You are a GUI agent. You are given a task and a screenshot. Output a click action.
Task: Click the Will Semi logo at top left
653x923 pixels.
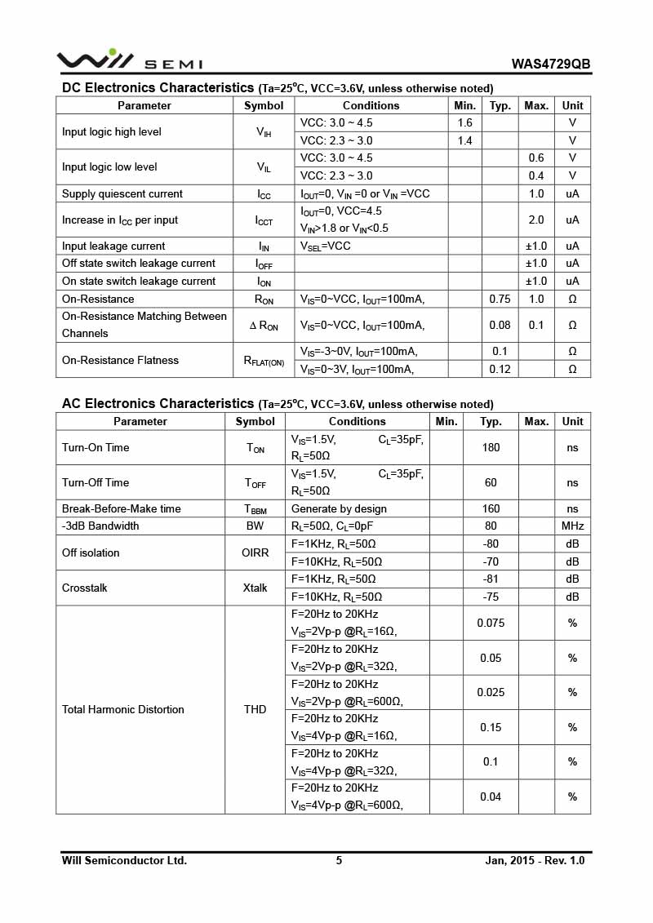(x=129, y=60)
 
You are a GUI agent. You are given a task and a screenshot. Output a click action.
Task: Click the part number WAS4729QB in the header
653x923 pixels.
(x=551, y=64)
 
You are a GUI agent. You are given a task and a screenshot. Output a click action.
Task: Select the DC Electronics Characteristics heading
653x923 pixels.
(x=158, y=87)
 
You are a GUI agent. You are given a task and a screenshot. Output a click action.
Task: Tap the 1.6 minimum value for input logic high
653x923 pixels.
(x=464, y=123)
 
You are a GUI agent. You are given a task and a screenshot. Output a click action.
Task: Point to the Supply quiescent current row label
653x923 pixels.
(x=122, y=193)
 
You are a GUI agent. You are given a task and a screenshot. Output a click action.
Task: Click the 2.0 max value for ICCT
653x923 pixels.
(x=535, y=220)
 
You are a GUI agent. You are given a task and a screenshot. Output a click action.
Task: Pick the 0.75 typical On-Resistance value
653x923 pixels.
(x=500, y=299)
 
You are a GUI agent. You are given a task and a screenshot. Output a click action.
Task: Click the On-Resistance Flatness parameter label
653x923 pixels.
(x=120, y=360)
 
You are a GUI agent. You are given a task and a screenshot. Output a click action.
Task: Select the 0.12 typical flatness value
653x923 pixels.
(x=500, y=369)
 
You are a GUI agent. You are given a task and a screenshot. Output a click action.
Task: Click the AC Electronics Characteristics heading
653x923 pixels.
(x=158, y=403)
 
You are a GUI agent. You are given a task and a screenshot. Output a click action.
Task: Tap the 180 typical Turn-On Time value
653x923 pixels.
(x=491, y=447)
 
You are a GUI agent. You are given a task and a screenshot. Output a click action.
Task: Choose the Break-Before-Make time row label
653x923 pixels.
(x=122, y=508)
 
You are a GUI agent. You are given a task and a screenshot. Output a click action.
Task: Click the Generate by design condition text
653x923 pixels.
(x=339, y=508)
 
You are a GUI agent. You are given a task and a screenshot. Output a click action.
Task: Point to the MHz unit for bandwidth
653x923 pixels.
(x=572, y=526)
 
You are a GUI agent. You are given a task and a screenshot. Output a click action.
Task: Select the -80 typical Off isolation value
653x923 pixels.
(x=491, y=544)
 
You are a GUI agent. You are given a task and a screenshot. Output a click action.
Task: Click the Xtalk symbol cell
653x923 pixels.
(x=255, y=588)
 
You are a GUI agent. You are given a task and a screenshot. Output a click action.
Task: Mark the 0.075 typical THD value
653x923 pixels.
(x=491, y=623)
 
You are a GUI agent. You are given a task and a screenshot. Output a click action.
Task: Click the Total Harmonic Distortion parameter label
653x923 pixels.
(x=123, y=709)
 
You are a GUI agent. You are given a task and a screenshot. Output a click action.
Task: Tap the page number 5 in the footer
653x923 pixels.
(x=339, y=860)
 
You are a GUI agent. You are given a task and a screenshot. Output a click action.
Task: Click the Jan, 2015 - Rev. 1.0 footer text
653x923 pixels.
(x=535, y=860)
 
